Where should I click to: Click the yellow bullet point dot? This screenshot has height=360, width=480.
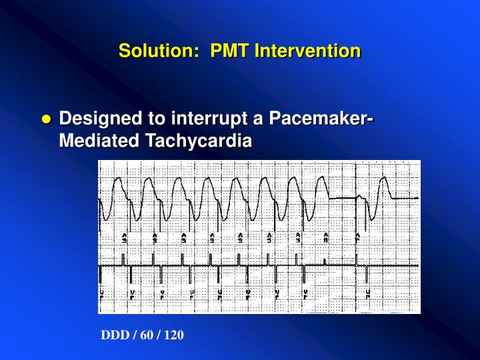click(46, 120)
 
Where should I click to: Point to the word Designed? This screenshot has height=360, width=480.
click(94, 119)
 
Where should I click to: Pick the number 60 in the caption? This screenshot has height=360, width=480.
click(143, 335)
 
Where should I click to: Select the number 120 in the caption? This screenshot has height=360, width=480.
click(173, 335)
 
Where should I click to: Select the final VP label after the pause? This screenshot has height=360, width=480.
click(367, 293)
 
